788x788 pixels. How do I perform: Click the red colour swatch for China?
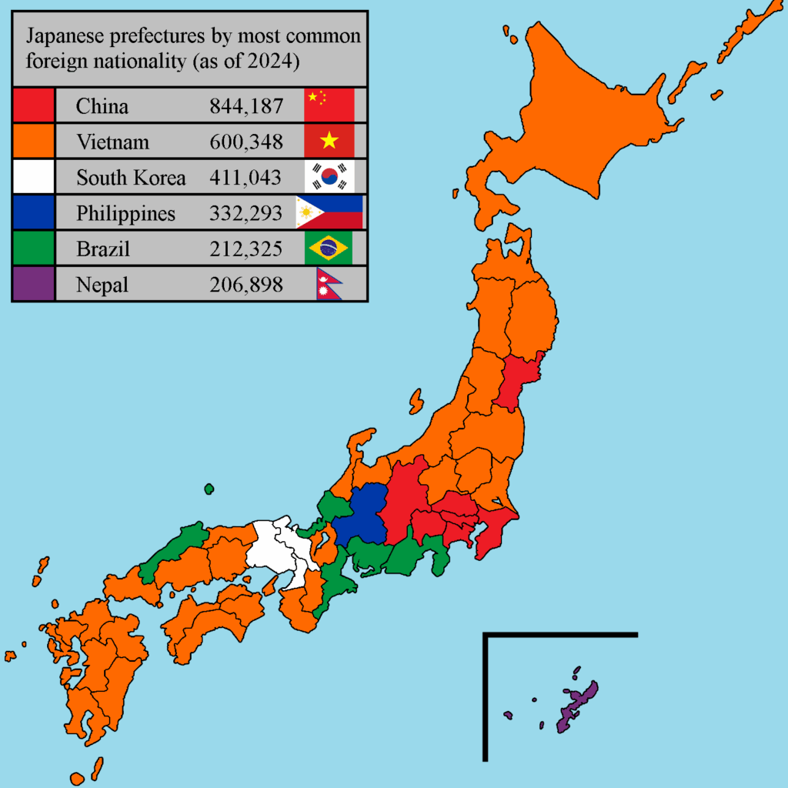(33, 105)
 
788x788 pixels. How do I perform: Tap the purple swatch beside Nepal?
(33, 285)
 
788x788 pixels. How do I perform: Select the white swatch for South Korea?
(33, 177)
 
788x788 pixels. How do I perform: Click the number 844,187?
(245, 106)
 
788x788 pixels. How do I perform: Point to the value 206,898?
(245, 285)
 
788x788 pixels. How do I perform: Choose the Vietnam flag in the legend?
(329, 141)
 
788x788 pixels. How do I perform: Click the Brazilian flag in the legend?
(329, 248)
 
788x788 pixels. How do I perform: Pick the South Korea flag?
(329, 177)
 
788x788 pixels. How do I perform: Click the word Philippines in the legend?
(125, 214)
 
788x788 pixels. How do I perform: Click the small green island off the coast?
(209, 488)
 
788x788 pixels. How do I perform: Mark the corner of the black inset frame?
(486, 635)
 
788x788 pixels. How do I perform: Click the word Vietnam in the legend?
(112, 142)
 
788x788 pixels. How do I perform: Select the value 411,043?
(245, 178)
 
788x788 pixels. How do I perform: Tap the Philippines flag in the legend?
(329, 212)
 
